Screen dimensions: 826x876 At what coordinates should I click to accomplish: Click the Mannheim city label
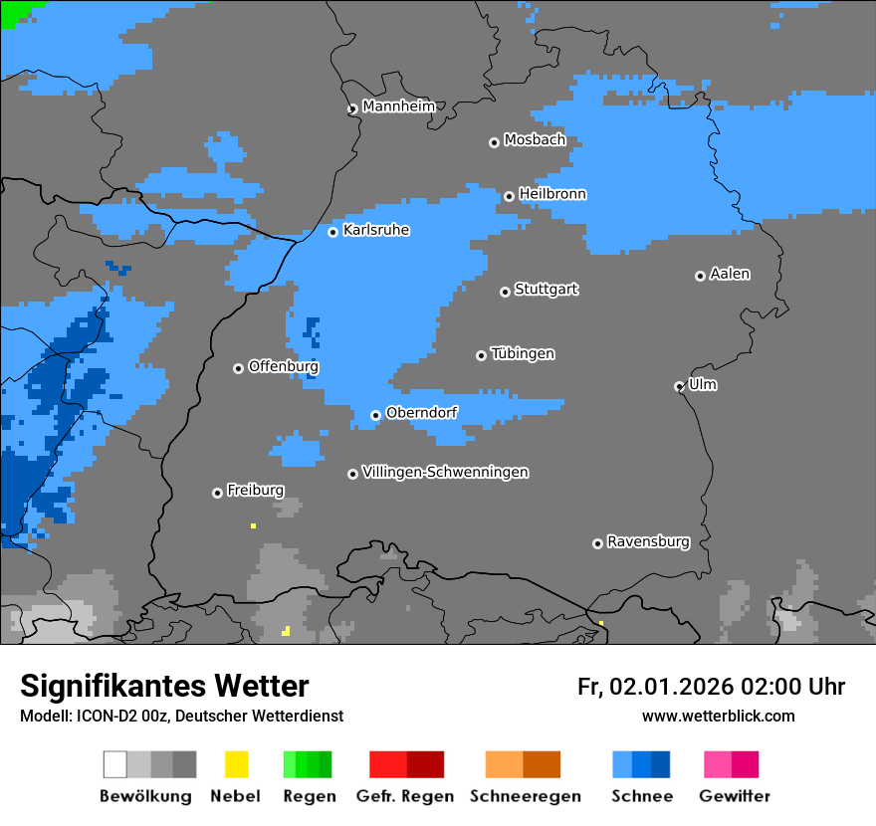click(x=398, y=106)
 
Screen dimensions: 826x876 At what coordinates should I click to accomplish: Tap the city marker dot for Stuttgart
click(x=505, y=292)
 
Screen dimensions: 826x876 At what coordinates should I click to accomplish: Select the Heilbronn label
click(x=552, y=194)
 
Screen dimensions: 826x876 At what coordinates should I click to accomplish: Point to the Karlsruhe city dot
click(x=333, y=232)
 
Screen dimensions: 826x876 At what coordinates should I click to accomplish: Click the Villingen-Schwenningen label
click(x=445, y=472)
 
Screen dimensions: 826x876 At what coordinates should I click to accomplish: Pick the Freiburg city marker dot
click(x=217, y=493)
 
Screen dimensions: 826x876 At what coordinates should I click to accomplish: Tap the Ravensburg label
click(x=648, y=541)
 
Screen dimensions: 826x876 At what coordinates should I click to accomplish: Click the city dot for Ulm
click(x=679, y=386)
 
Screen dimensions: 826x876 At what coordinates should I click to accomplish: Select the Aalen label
click(x=730, y=274)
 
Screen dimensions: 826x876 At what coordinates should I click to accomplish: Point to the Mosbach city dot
click(x=494, y=142)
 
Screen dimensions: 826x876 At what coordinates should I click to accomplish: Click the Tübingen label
click(x=523, y=353)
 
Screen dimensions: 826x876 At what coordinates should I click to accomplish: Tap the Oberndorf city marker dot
click(x=375, y=415)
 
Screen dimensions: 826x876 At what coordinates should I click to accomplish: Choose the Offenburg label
click(x=284, y=366)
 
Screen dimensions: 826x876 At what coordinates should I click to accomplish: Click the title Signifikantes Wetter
click(x=164, y=686)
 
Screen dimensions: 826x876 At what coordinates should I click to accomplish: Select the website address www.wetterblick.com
click(x=718, y=716)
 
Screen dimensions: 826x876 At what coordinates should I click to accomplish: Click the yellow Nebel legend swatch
click(x=236, y=764)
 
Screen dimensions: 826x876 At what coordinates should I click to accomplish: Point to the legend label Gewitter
click(x=735, y=796)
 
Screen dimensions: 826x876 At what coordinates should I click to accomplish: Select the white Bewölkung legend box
click(x=115, y=764)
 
